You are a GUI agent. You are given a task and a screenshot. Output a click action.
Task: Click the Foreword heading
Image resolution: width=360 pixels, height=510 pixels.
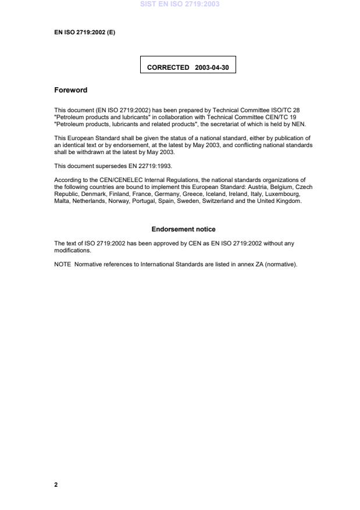[x=70, y=90]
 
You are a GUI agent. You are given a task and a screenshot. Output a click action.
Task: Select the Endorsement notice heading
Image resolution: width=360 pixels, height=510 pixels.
[x=183, y=229]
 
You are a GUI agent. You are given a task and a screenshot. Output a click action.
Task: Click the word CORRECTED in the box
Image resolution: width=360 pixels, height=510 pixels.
[x=168, y=67]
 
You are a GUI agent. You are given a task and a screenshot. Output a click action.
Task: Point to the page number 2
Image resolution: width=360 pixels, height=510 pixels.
[x=56, y=484]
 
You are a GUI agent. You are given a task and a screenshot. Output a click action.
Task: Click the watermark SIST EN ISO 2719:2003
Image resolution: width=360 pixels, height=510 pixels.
[x=180, y=4]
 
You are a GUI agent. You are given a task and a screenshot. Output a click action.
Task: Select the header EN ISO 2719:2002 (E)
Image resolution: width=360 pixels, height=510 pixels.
[x=84, y=33]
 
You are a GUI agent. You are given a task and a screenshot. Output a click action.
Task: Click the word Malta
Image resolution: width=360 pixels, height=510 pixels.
[x=62, y=201]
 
